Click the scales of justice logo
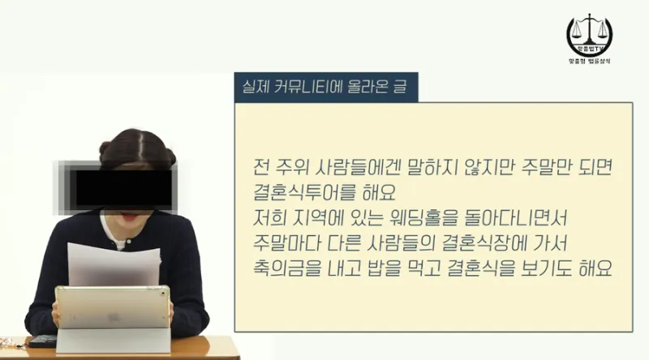coord(590,35)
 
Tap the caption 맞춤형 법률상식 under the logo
coord(590,61)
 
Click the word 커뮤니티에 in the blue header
coord(308,87)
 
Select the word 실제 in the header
coord(256,87)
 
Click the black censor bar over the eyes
coord(124,188)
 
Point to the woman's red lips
coord(129,216)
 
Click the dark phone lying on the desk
coord(42,341)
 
